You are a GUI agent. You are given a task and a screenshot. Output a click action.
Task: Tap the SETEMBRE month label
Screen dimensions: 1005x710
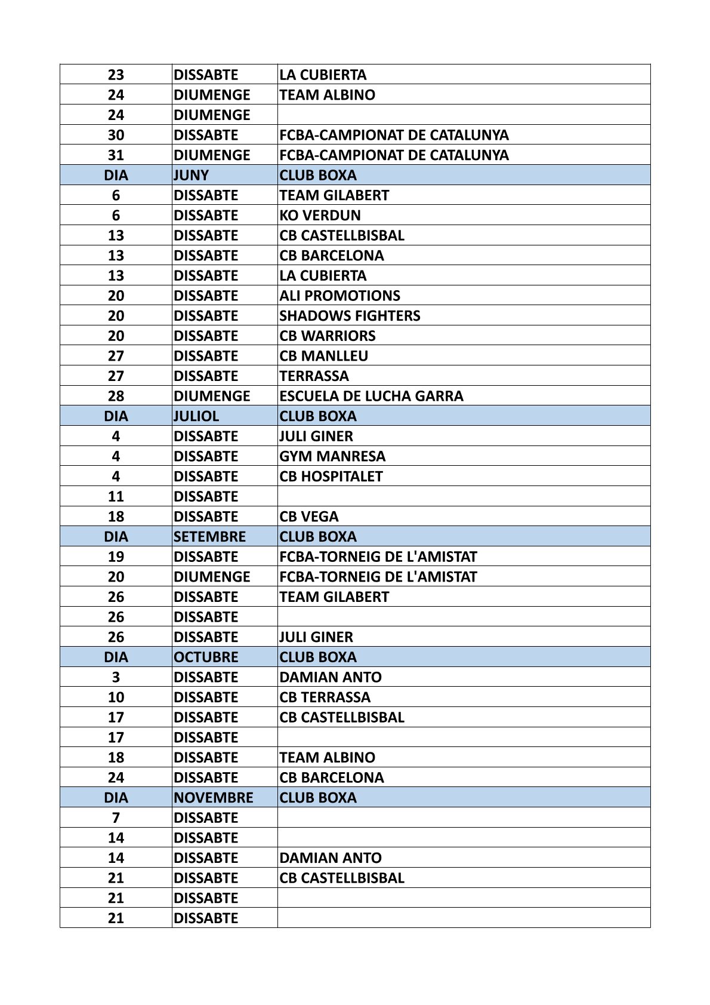pos(209,537)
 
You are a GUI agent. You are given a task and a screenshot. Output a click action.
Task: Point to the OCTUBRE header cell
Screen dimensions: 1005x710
pos(206,657)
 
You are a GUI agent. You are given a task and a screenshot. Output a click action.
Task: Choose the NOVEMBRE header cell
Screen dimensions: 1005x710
pos(213,798)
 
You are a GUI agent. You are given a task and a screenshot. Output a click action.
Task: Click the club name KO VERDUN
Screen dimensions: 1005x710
pos(320,215)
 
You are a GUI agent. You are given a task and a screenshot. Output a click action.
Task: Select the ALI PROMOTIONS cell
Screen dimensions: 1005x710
pos(339,296)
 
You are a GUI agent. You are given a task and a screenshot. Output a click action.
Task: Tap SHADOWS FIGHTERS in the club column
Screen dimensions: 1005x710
pos(350,315)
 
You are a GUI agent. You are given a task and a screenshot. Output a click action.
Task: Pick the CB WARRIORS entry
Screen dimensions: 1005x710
pos(327,336)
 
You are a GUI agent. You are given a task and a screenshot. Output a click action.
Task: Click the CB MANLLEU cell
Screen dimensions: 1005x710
pos(323,356)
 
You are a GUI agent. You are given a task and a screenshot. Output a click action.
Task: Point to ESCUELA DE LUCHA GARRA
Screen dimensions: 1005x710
pos(371,396)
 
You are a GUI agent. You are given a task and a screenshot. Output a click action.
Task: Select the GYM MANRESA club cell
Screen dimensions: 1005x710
pos(332,456)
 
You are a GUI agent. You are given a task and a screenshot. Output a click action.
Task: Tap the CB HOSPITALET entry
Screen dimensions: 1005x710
pos(331,477)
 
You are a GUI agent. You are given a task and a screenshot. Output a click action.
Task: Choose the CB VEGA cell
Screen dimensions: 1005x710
pos(308,517)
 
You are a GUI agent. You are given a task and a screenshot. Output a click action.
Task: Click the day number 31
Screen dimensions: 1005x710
pos(116,155)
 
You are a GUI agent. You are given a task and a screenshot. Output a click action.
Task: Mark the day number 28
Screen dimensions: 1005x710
pos(116,396)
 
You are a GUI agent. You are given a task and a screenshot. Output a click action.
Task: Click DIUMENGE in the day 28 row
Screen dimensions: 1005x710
pos(212,396)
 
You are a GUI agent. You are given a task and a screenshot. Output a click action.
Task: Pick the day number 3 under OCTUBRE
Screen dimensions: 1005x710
pos(116,677)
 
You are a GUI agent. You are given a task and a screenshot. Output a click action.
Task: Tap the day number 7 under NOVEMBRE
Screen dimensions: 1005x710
pos(116,818)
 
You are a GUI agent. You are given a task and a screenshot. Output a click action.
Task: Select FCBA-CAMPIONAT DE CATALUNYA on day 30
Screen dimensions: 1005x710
pos(394,135)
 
